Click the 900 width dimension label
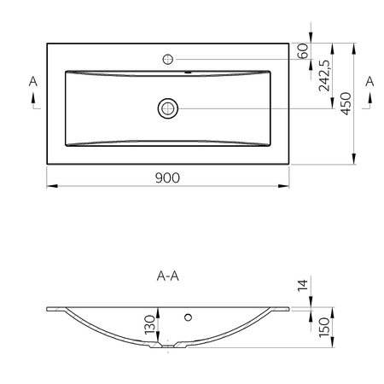[x=167, y=177]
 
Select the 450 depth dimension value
[x=346, y=103]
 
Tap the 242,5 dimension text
[x=324, y=76]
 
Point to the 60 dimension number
[x=303, y=51]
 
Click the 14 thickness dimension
[x=303, y=285]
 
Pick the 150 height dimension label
[x=324, y=328]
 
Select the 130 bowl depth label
[x=150, y=325]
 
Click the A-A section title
[x=168, y=276]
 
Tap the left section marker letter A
[x=33, y=82]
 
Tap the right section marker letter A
[x=369, y=82]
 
